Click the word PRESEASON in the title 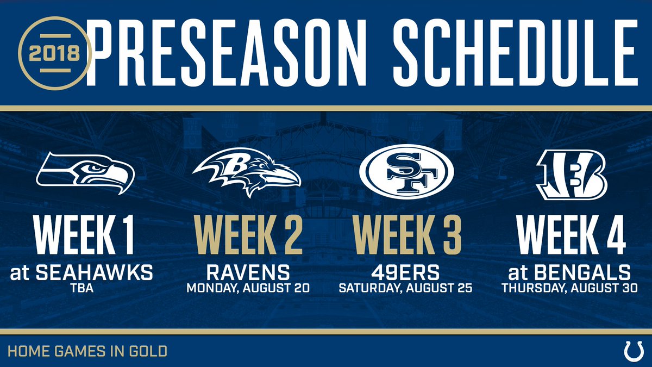click(226, 53)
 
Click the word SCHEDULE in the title click(515, 53)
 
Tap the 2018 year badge click(55, 53)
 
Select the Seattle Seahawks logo click(85, 173)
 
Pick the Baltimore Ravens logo click(247, 172)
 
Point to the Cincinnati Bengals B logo click(572, 175)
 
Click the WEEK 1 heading click(84, 235)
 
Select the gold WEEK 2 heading click(248, 235)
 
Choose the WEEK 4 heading click(571, 235)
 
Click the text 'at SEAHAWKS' click(81, 272)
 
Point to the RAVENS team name click(248, 272)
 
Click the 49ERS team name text click(405, 272)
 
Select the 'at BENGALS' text click(569, 272)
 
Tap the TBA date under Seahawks click(82, 288)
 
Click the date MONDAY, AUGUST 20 click(248, 288)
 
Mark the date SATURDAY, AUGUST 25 click(405, 288)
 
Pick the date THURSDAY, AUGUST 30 click(569, 288)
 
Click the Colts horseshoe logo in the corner click(634, 352)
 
